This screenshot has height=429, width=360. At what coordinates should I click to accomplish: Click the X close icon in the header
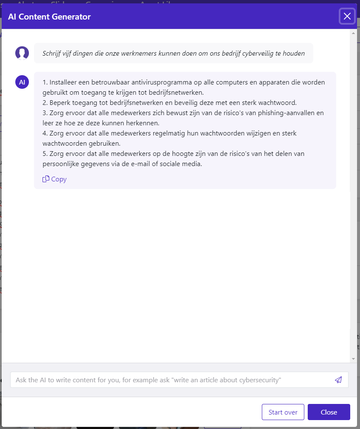(x=347, y=17)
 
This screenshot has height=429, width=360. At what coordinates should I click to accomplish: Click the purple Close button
(x=329, y=412)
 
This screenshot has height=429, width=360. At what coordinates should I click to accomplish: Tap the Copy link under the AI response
(x=55, y=179)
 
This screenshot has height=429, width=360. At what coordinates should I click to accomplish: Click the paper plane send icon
(x=338, y=380)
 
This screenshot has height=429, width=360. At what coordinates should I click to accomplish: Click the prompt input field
(x=170, y=380)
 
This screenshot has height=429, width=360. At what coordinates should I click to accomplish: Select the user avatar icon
(x=22, y=53)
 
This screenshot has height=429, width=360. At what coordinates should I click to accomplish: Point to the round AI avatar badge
(x=22, y=82)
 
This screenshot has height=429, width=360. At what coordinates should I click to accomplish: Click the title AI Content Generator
(x=49, y=17)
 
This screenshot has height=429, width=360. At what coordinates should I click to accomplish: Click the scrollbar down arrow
(x=353, y=359)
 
